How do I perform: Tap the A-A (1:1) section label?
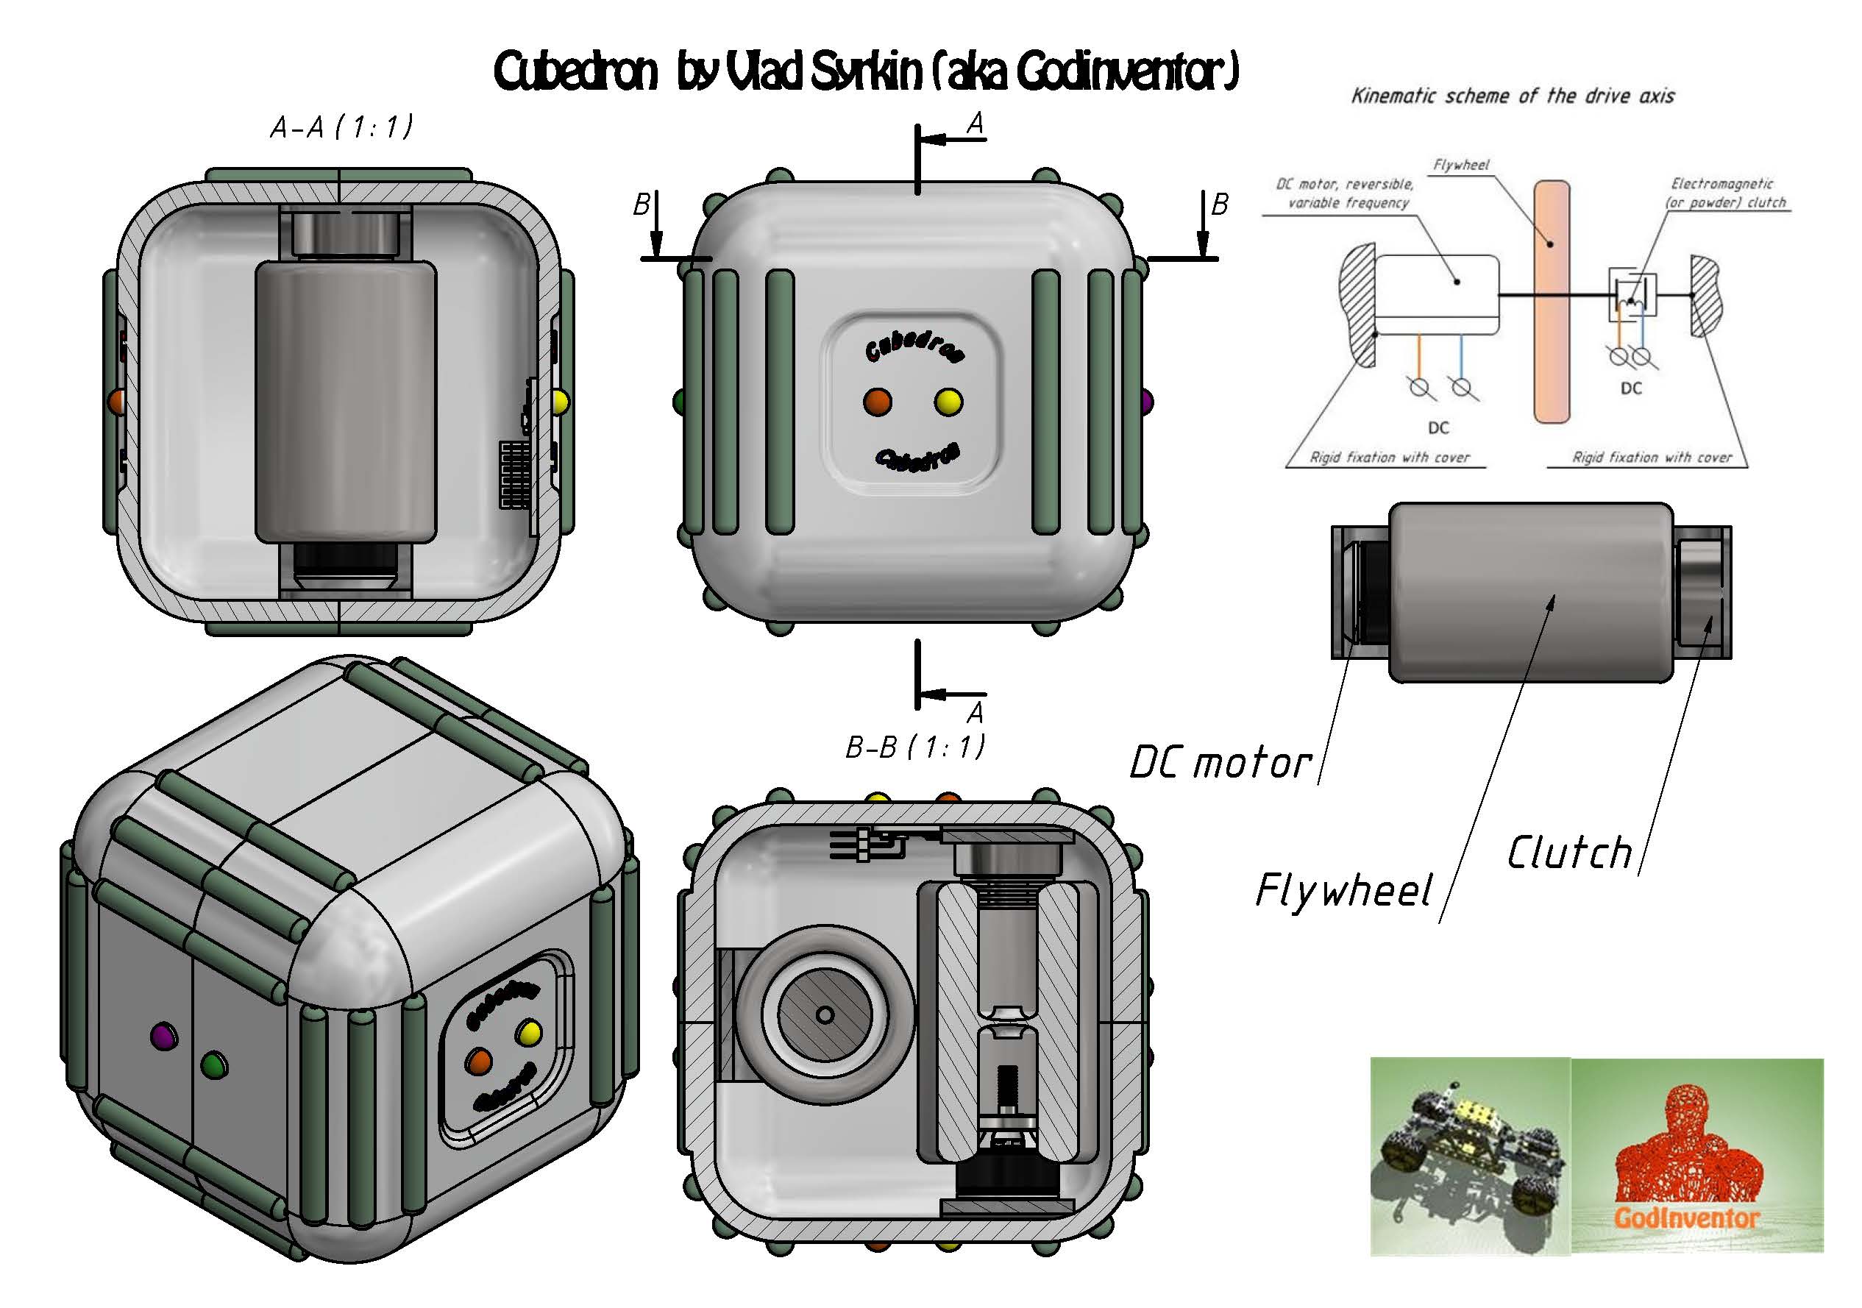coord(341,127)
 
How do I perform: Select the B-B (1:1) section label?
coord(914,747)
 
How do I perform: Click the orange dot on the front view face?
coord(878,402)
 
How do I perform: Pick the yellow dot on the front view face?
coord(948,402)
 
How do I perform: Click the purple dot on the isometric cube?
coord(164,1036)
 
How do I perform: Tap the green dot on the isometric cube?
coord(214,1064)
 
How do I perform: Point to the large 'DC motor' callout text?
coord(1220,763)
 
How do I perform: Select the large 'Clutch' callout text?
coord(1569,853)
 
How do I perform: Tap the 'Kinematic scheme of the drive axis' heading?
coord(1513,96)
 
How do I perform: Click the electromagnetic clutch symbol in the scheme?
coord(1632,294)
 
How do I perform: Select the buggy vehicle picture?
coord(1468,1156)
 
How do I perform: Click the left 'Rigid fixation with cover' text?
coord(1389,458)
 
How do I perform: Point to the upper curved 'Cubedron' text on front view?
coord(914,344)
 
